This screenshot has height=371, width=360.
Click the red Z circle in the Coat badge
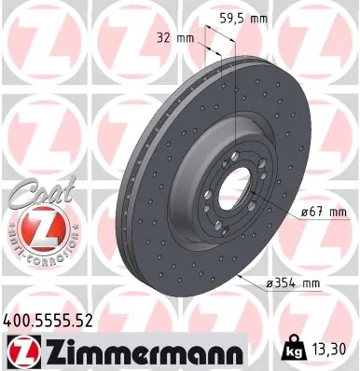pos(35,225)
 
